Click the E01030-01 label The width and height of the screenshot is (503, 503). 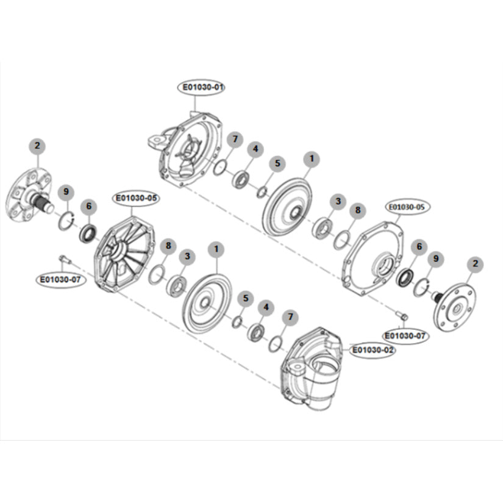pos(202,88)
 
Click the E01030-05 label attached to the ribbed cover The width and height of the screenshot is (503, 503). pos(136,198)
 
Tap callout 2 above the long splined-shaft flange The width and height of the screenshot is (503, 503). pos(37,146)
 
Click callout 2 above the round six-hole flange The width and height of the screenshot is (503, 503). pos(476,264)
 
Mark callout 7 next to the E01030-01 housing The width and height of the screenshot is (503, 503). pos(234,140)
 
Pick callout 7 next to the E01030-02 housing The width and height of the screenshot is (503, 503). pos(290,317)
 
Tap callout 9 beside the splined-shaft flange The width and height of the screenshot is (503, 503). pos(66,193)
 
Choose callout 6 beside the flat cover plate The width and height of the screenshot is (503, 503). pos(418,246)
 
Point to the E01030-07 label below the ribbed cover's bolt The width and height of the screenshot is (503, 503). pos(59,280)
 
